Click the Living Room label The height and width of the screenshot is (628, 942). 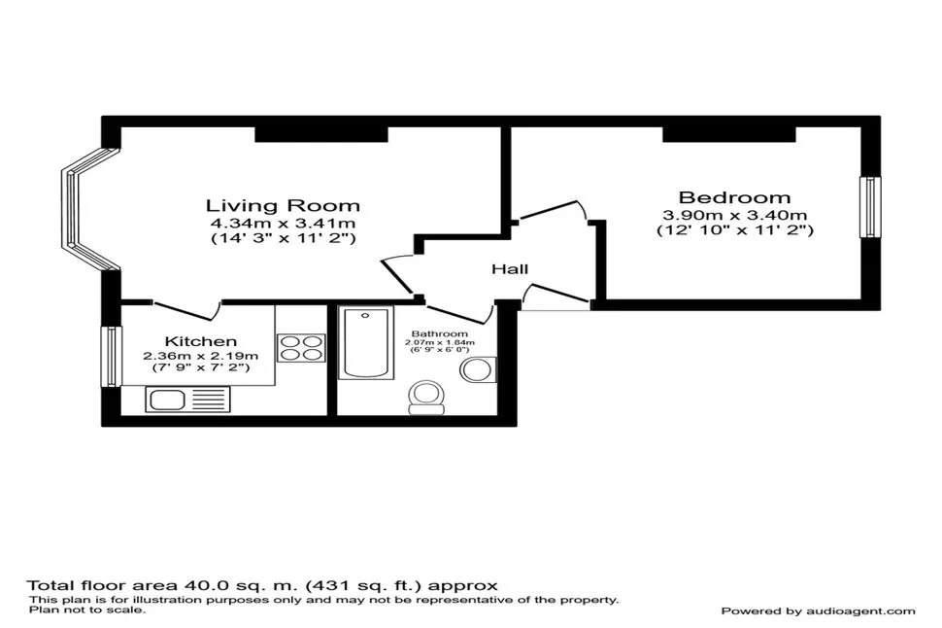coord(283,206)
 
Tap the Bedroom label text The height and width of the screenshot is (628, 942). coord(735,197)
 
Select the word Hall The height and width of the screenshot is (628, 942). coord(510,269)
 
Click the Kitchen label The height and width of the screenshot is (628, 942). coord(201,341)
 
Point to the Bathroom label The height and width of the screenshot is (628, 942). coord(440,333)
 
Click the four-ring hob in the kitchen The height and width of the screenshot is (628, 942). coord(301,348)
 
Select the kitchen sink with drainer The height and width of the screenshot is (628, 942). coord(187,400)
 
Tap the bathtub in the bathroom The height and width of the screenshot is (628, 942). coord(366,343)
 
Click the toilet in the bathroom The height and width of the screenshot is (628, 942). coord(426,398)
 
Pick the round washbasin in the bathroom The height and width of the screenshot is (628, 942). coord(478,369)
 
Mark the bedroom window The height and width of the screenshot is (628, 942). coord(870,207)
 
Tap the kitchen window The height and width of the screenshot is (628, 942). coord(111,356)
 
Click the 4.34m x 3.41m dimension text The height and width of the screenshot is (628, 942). coord(283,224)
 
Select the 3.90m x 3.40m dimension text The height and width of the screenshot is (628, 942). coord(735,215)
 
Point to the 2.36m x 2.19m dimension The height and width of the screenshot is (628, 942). coord(201,356)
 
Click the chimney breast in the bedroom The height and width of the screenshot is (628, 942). coord(729,134)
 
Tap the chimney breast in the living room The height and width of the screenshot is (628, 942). coord(321,134)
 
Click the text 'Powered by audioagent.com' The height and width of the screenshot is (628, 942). coord(819,611)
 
